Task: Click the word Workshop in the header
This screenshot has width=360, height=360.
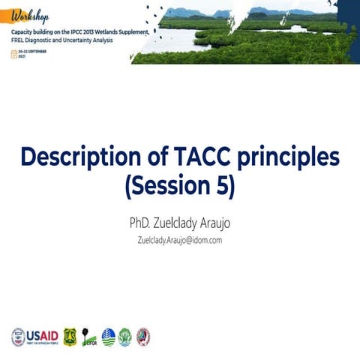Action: point(28,16)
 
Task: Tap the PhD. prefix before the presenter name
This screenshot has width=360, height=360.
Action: point(143,223)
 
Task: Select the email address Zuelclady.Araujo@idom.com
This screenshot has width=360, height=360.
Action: point(179,240)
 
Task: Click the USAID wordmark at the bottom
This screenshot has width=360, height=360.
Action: point(42,334)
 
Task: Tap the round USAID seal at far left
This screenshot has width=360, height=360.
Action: point(18,336)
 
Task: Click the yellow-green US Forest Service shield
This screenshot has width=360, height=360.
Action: point(70,336)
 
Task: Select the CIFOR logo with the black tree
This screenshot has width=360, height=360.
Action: point(88,337)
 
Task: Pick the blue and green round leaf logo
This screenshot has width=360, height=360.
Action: point(108,336)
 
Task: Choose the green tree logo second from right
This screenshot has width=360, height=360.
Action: point(125,336)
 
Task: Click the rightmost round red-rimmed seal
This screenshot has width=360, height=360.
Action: point(142,336)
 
